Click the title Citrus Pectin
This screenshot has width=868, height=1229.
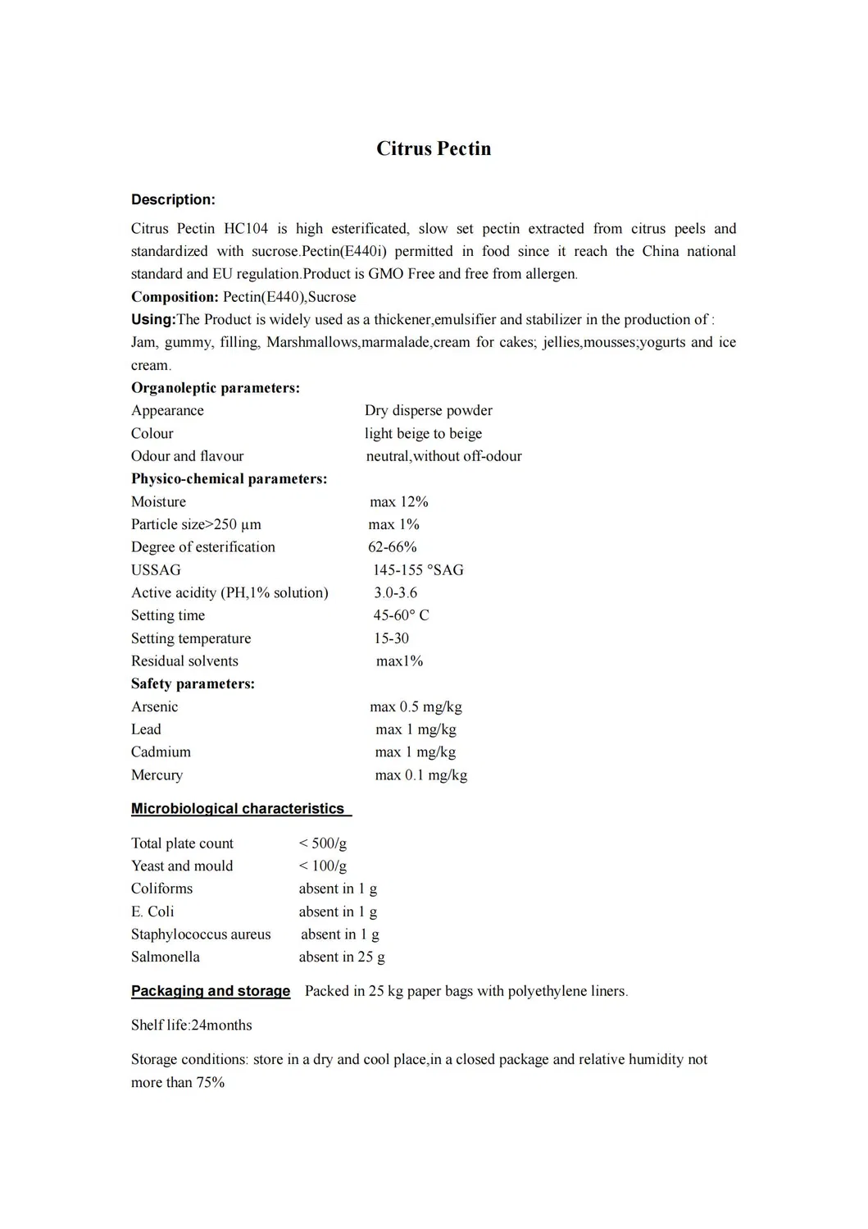point(434,148)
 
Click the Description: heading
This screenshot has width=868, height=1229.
point(173,199)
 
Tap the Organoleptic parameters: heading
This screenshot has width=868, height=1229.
point(216,388)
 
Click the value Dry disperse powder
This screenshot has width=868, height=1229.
point(429,410)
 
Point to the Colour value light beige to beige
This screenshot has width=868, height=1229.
point(423,433)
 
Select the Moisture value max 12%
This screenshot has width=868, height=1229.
point(398,501)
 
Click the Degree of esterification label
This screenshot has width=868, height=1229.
point(203,547)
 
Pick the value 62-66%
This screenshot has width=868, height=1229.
point(392,547)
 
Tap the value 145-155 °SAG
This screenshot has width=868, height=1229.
point(418,569)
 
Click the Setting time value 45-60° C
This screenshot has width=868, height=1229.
point(401,615)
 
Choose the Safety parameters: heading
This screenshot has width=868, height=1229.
point(193,683)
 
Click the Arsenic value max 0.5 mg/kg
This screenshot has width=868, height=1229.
point(416,706)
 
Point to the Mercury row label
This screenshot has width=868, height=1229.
point(157,774)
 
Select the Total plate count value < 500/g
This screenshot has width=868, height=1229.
point(323,843)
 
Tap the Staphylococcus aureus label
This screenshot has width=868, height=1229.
point(201,934)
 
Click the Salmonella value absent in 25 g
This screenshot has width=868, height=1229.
point(342,957)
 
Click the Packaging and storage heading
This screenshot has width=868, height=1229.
point(211,991)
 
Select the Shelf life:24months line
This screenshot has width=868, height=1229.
point(192,1025)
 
